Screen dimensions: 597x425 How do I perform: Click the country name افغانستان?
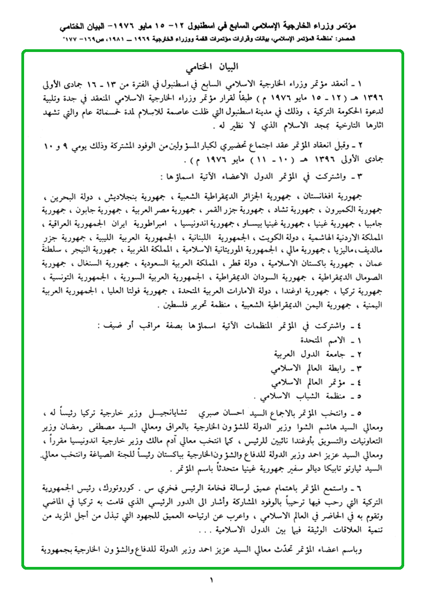coord(329,195)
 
